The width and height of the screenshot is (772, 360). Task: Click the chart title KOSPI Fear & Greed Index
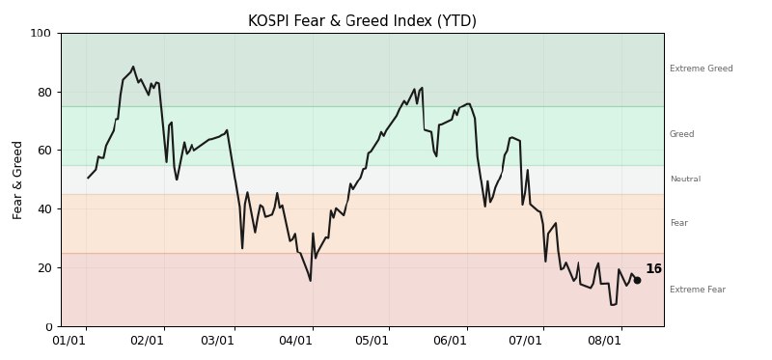363,21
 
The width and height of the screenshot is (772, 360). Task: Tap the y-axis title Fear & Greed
17,180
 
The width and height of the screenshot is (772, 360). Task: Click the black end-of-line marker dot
637,280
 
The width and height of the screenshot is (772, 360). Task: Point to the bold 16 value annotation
654,269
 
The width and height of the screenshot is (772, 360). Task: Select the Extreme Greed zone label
702,69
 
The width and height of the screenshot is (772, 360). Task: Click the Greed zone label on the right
682,134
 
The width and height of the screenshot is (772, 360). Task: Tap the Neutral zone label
685,179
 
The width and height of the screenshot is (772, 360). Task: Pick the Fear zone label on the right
679,223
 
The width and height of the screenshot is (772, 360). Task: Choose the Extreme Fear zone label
698,290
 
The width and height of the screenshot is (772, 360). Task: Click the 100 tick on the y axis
41,34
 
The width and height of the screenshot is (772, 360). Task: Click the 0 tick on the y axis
47,326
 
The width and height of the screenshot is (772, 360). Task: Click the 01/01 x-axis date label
69,342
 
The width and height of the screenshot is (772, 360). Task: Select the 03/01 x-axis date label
217,342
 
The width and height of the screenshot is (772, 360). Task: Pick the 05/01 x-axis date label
372,342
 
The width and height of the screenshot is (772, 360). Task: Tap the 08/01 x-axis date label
605,342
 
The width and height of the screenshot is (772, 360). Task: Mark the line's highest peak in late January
133,67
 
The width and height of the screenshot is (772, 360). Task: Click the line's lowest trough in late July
612,305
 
